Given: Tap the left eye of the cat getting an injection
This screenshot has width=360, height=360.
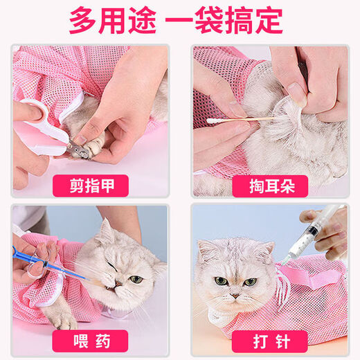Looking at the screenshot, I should coord(220,281).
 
